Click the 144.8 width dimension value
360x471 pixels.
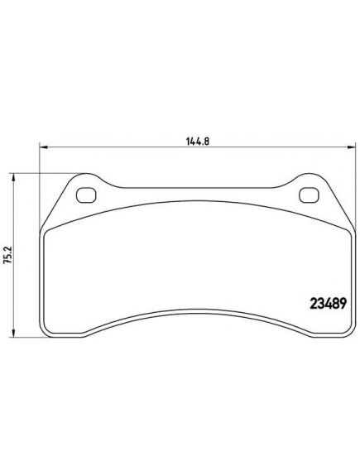[x=197, y=141]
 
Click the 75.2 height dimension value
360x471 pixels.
[x=7, y=255]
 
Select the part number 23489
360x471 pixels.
[x=328, y=304]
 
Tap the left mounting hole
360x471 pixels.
[x=86, y=195]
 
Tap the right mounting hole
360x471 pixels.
[x=309, y=195]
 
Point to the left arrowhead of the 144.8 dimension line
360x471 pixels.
[x=44, y=147]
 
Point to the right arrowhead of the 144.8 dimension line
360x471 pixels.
[x=351, y=147]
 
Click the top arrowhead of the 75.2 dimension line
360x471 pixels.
[x=13, y=177]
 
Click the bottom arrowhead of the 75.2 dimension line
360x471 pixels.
[x=13, y=333]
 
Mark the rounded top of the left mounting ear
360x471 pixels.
[x=86, y=174]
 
